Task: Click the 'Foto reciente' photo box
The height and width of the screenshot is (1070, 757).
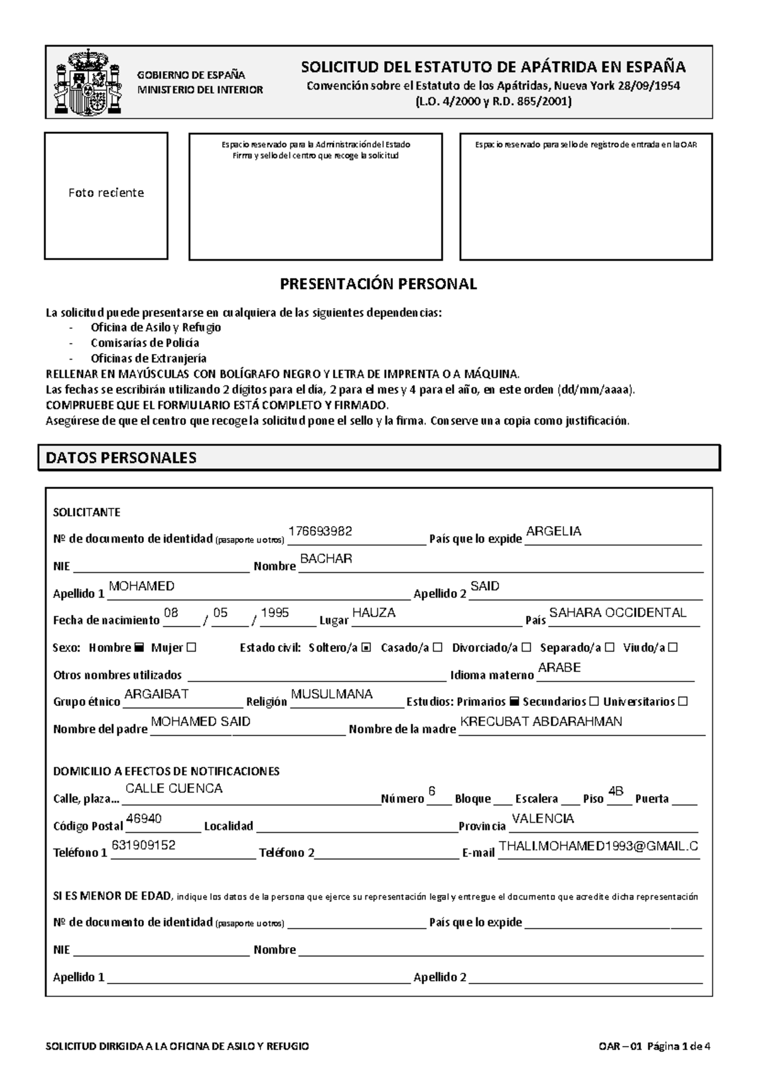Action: [106, 196]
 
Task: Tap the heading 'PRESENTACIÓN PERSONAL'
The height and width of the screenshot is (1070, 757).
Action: [378, 284]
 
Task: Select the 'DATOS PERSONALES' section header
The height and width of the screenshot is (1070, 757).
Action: [121, 458]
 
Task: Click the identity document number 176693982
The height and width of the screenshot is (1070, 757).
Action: [320, 531]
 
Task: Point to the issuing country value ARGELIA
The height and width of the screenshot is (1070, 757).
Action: [553, 531]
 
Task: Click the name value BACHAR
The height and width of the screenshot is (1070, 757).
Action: [326, 559]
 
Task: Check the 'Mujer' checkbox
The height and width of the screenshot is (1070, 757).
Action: [192, 647]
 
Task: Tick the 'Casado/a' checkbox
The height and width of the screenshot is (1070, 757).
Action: [438, 647]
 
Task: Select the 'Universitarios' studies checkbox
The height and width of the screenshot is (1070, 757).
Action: [683, 702]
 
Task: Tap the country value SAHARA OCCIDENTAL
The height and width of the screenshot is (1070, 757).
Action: [618, 613]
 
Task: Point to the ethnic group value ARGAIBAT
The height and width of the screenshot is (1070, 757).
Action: [156, 694]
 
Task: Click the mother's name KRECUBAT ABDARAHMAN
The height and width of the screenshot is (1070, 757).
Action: [541, 722]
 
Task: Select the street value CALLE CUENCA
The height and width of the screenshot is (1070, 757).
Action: [174, 789]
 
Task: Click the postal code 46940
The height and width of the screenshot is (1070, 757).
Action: [144, 819]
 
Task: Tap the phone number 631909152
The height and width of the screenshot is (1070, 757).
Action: [143, 845]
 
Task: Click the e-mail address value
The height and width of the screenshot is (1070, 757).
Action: [598, 847]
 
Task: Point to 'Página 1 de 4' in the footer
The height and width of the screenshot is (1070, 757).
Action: [676, 1047]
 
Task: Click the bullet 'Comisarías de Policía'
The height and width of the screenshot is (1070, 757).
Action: [144, 343]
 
